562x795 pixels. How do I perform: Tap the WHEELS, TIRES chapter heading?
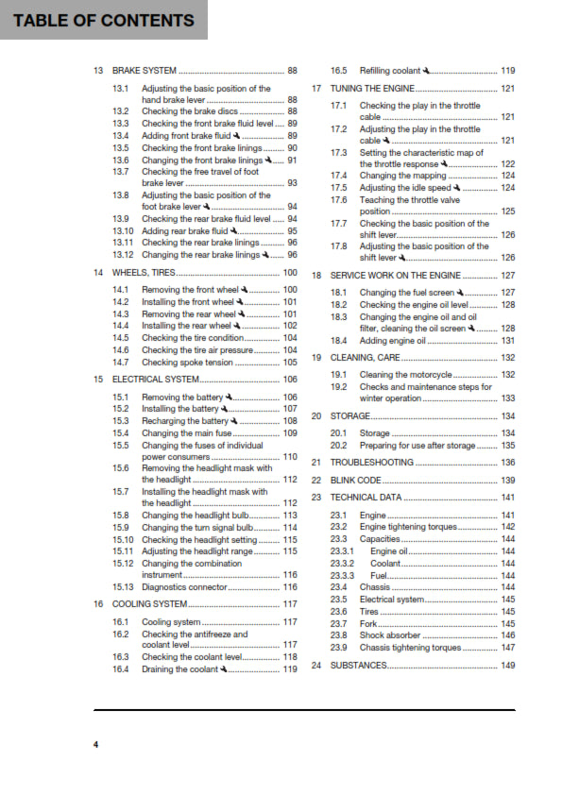(x=143, y=273)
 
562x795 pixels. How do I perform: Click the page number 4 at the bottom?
(x=94, y=745)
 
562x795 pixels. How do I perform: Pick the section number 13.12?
(x=121, y=255)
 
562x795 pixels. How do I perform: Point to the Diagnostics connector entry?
(x=184, y=586)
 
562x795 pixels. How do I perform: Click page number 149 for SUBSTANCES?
(x=507, y=666)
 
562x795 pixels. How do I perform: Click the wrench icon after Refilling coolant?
(x=428, y=71)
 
